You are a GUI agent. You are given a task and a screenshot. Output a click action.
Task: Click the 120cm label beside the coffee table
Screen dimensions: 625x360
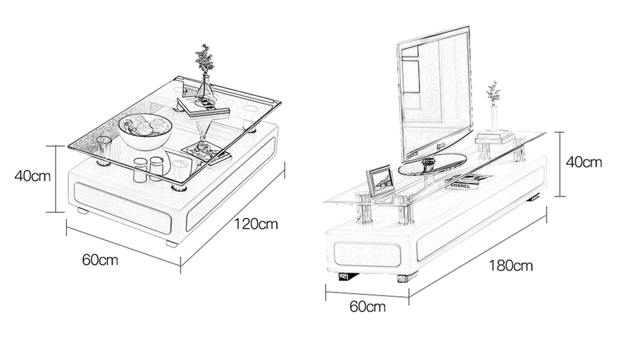click(256, 224)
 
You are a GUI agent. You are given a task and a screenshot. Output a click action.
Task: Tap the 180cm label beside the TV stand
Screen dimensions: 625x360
click(511, 265)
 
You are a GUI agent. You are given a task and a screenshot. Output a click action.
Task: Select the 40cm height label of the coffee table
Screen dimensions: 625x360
click(32, 176)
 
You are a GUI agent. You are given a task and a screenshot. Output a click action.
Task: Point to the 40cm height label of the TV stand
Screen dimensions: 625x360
click(583, 162)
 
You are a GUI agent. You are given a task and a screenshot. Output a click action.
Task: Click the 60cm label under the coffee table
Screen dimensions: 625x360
click(100, 260)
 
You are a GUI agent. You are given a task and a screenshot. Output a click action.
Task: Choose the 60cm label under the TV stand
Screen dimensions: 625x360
click(367, 307)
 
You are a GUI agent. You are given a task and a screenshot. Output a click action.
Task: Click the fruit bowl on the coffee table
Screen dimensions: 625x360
click(146, 130)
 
